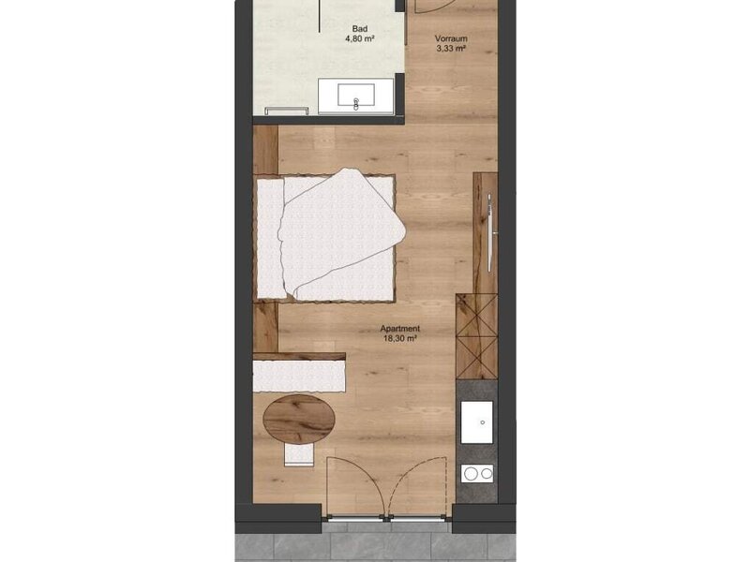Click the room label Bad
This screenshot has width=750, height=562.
[360, 29]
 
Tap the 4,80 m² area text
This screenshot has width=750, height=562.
[360, 39]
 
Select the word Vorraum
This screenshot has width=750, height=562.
[451, 38]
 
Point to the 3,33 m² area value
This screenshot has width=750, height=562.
[451, 49]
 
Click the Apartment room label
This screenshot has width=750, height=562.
[400, 329]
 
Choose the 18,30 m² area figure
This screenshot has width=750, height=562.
[400, 338]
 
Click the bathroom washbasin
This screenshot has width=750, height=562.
[356, 96]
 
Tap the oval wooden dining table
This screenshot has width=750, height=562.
[299, 420]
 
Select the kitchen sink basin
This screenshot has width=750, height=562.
[477, 422]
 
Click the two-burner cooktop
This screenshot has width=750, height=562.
[477, 473]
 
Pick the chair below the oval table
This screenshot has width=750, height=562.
[299, 454]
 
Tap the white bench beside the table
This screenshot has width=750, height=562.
[299, 377]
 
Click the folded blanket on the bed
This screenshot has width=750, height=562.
[342, 233]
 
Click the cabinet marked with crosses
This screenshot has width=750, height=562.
[476, 336]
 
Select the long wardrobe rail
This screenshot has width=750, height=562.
[489, 232]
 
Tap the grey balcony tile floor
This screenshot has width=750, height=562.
[376, 544]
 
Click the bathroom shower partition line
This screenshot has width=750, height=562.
[320, 16]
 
